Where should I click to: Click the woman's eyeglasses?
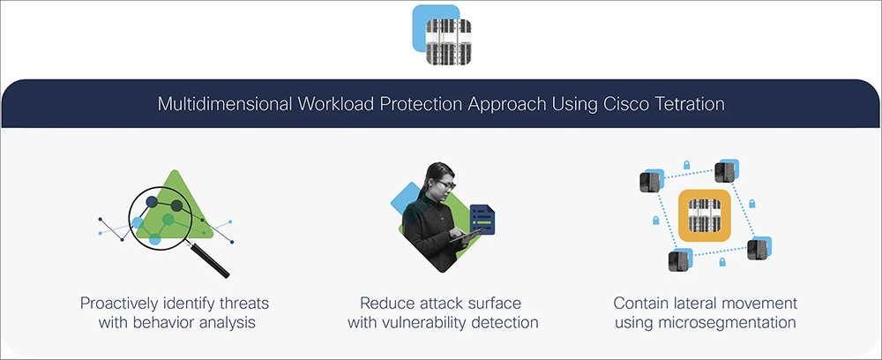pyautogui.click(x=444, y=184)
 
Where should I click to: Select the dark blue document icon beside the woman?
pyautogui.click(x=482, y=219)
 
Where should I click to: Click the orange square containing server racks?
pyautogui.click(x=704, y=215)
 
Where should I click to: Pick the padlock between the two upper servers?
pyautogui.click(x=686, y=165)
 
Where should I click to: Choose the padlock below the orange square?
pyautogui.click(x=722, y=261)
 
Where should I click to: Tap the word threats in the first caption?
pyautogui.click(x=243, y=304)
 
